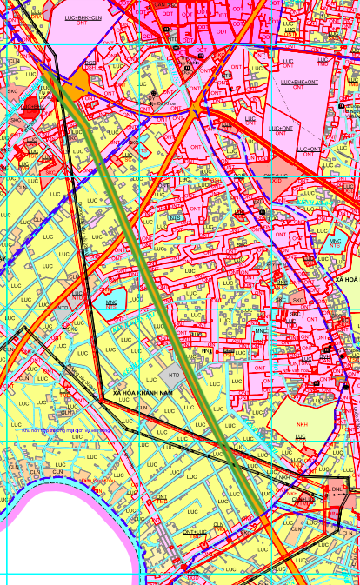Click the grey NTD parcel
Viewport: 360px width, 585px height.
pos(172,375)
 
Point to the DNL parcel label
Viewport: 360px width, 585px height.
pos(337,489)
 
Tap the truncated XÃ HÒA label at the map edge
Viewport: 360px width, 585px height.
pos(346,280)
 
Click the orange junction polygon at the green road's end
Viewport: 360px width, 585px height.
pos(79,80)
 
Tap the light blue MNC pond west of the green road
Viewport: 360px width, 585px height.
pos(110,303)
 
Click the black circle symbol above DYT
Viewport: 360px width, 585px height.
pos(154,92)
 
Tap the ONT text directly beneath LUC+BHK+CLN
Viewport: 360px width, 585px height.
pos(83,24)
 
